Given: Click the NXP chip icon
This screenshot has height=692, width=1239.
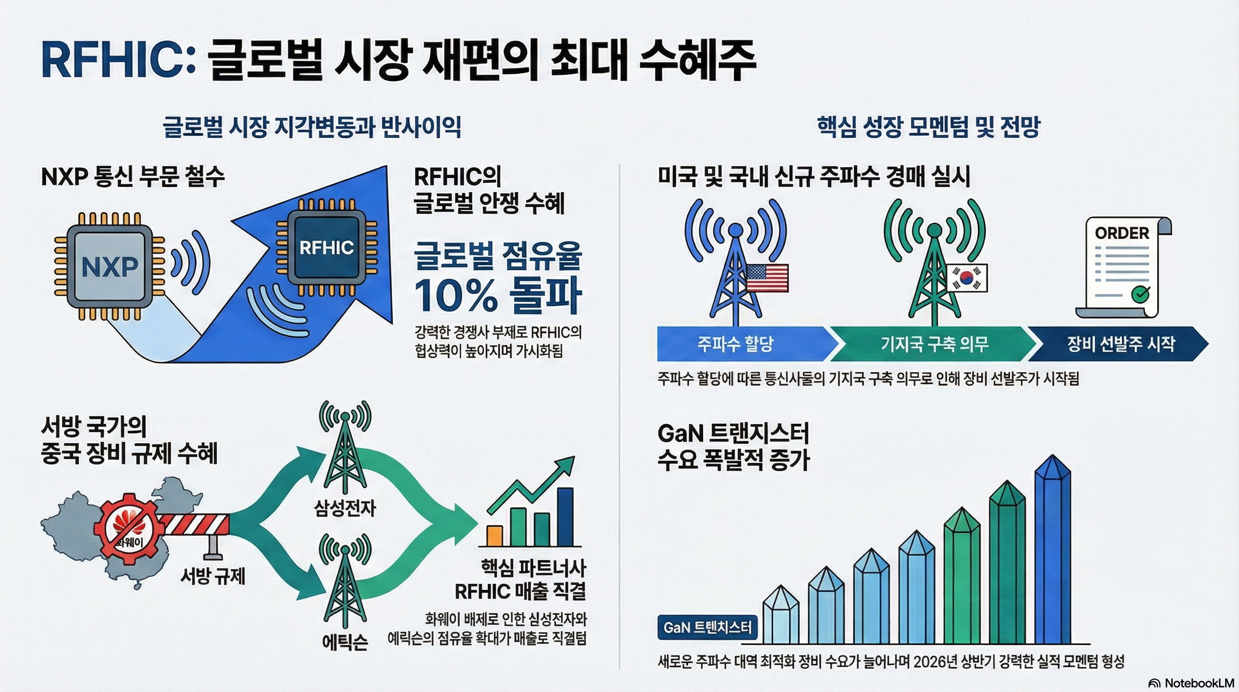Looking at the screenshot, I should tap(110, 266).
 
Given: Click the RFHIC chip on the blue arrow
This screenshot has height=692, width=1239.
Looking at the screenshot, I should tap(326, 248).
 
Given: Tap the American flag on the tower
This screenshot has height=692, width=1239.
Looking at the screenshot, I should tap(767, 278).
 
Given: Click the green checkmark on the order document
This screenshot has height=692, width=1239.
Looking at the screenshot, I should tap(1140, 293).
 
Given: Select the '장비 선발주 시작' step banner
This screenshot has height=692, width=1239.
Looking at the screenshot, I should tap(1121, 344).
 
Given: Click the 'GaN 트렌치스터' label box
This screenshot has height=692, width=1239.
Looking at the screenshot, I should tap(707, 627).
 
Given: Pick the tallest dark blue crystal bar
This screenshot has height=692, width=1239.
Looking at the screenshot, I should tap(1052, 551).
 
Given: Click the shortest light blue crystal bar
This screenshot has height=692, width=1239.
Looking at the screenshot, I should tap(781, 616).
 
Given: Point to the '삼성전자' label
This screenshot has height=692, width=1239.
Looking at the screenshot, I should tap(345, 508).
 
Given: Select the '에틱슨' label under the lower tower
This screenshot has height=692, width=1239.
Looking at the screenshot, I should tap(345, 642).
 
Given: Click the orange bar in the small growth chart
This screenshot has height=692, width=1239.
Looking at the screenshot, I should tap(494, 535).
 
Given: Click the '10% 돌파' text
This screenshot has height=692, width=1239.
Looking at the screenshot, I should tap(498, 295).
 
